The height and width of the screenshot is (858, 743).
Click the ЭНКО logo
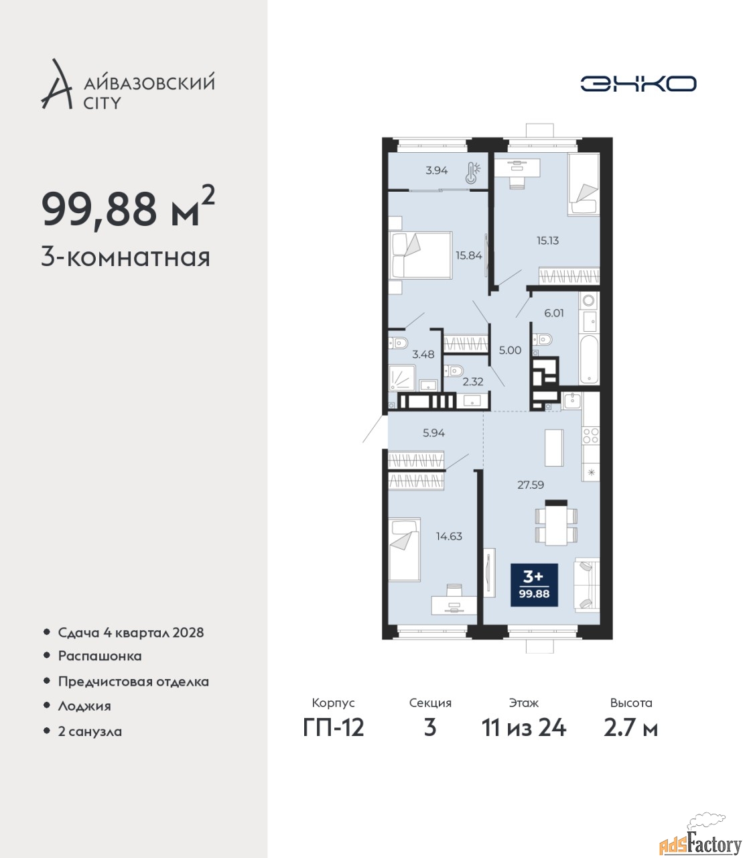(x=638, y=83)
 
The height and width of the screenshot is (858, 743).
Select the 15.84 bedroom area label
(x=469, y=255)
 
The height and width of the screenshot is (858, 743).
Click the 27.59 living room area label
(x=531, y=485)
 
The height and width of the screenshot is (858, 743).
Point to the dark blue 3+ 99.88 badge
(x=534, y=585)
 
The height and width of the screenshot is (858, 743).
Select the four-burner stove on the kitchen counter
(x=591, y=436)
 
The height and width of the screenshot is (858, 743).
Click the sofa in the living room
(x=587, y=586)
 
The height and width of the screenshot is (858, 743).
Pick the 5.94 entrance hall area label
(x=433, y=433)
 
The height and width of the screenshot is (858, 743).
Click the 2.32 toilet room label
(x=473, y=381)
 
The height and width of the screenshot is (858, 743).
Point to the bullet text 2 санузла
(x=90, y=743)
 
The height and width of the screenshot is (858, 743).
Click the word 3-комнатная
(x=126, y=258)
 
